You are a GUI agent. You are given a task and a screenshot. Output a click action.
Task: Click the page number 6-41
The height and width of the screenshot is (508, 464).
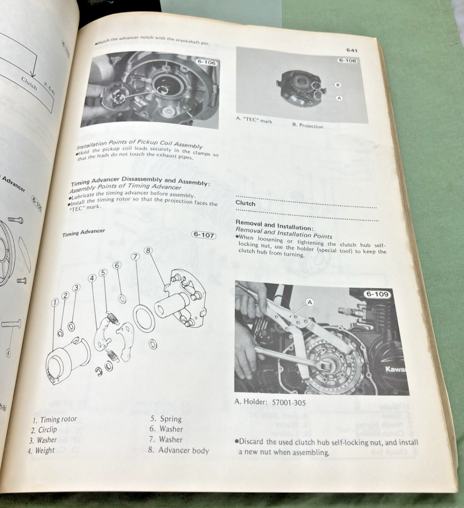tap(352, 51)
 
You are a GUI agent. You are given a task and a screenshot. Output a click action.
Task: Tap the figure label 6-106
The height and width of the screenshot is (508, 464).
tap(206, 63)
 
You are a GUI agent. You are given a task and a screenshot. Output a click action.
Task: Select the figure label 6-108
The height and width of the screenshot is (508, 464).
tap(347, 61)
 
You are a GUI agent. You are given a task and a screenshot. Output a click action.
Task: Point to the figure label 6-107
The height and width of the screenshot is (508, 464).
tap(203, 235)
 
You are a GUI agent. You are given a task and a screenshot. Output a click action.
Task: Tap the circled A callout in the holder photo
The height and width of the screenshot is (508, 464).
tap(310, 302)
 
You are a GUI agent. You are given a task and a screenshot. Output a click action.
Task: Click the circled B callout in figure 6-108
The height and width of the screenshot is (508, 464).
tap(338, 85)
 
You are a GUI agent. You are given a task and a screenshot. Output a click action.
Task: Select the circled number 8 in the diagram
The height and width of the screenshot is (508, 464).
tap(147, 250)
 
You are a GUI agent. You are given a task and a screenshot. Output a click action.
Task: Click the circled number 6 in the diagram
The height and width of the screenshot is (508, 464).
tap(118, 265)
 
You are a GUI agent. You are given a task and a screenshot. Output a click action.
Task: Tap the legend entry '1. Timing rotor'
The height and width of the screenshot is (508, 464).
tap(55, 420)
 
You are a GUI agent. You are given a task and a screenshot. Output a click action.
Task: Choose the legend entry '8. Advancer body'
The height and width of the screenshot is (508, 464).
tap(179, 450)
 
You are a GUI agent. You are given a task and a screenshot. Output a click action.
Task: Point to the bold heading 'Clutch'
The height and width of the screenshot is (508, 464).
tap(246, 203)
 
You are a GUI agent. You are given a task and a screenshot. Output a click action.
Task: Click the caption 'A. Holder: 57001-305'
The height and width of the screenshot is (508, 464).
tap(270, 403)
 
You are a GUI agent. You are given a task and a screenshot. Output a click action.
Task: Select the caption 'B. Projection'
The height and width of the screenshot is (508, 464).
tap(308, 126)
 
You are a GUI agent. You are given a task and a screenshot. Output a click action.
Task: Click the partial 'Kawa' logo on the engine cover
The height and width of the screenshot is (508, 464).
tap(397, 370)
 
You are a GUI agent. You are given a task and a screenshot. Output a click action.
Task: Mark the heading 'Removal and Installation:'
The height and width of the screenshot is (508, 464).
tap(274, 225)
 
